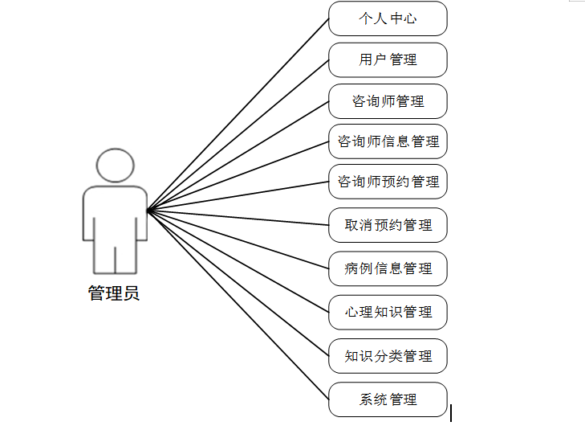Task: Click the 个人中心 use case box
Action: tap(388, 18)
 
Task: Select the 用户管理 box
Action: tap(388, 60)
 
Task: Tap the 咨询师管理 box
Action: tap(388, 101)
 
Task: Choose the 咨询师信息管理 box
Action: tap(388, 141)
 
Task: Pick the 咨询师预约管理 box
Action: tap(388, 182)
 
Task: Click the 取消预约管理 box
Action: tap(388, 225)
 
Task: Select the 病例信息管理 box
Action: tap(388, 268)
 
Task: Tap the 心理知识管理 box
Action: tap(388, 312)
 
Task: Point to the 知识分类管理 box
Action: tap(388, 355)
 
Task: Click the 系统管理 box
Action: tap(388, 399)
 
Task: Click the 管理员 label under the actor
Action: tap(114, 293)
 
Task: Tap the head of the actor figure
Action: tap(115, 165)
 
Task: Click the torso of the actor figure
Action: tap(115, 213)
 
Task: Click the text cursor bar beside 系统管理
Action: tap(451, 413)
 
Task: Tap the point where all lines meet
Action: tap(148, 211)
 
